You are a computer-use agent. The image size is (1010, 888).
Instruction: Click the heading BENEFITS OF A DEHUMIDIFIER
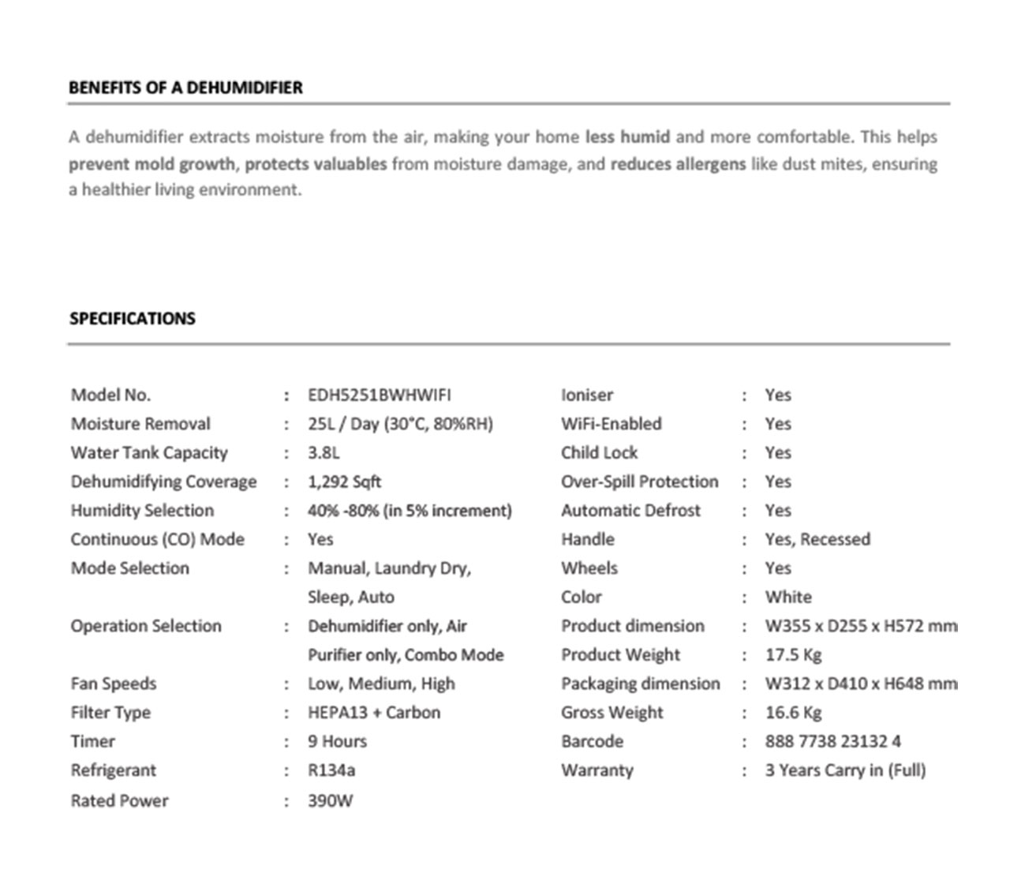tap(185, 88)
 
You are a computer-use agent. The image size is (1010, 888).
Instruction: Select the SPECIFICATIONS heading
tap(132, 319)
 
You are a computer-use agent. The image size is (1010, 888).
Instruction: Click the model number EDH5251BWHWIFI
tap(379, 395)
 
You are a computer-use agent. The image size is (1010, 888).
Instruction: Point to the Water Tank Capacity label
tap(149, 453)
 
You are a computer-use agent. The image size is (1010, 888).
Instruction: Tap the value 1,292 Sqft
tap(344, 482)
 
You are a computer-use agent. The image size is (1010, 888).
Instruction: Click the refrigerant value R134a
tap(331, 770)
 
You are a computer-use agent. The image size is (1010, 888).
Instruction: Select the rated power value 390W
tap(330, 801)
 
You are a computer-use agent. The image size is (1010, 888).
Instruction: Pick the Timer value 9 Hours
tap(337, 742)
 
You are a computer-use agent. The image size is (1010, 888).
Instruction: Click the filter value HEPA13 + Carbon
tap(374, 713)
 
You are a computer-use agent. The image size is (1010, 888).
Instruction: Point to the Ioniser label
tap(586, 395)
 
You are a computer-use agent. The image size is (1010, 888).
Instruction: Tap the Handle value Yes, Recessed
tap(817, 540)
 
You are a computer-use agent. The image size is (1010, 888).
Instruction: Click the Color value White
tap(787, 598)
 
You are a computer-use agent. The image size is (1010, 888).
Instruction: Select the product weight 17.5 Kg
tap(793, 655)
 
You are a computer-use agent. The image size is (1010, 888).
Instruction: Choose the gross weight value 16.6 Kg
tap(793, 713)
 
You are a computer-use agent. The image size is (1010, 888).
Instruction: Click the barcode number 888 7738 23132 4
tap(832, 742)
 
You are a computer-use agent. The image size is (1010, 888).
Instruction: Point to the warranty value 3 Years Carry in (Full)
tap(845, 770)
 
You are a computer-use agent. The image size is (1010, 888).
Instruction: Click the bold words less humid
tap(627, 137)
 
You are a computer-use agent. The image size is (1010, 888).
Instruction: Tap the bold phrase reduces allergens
tap(678, 164)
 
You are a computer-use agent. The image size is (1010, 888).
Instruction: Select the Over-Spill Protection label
tap(639, 482)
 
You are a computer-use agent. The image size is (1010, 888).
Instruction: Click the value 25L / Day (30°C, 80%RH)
tap(400, 425)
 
